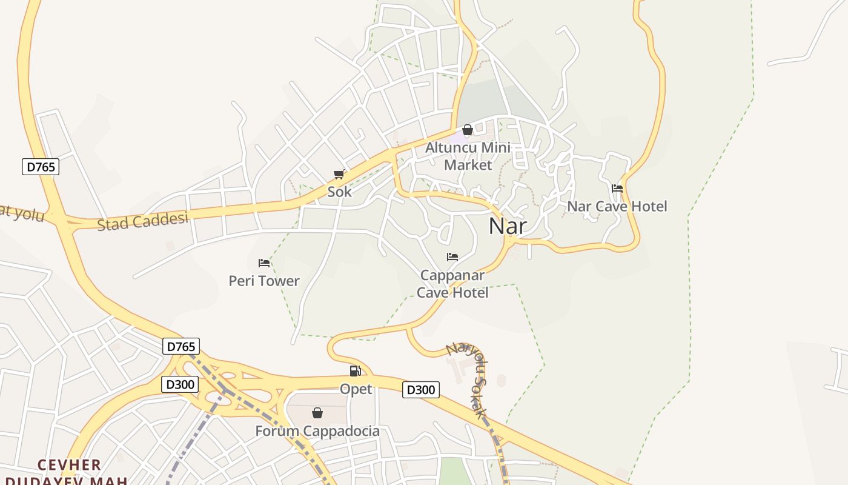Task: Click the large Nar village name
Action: point(508,226)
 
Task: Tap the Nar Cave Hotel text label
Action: point(617,206)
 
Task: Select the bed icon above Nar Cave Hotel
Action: point(617,189)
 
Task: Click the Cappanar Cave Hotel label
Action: point(453,284)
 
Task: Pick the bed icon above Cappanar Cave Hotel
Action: point(452,257)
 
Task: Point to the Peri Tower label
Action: point(264,281)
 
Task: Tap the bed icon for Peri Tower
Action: point(264,263)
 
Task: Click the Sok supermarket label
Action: point(339,192)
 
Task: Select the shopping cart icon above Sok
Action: point(339,175)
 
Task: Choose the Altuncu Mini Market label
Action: point(468,156)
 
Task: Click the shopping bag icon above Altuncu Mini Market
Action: point(468,130)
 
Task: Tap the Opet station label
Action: point(356,389)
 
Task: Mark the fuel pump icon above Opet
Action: point(356,371)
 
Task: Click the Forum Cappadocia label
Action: point(317,431)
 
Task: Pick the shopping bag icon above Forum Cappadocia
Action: point(317,413)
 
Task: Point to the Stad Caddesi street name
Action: point(143,221)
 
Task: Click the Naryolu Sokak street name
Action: point(469,379)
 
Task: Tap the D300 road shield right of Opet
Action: point(421,390)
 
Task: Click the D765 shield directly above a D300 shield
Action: point(181,346)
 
